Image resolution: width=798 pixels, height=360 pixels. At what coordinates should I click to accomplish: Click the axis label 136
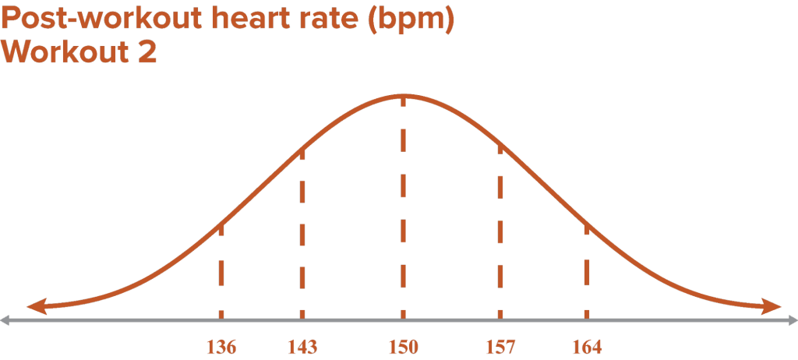coord(221,347)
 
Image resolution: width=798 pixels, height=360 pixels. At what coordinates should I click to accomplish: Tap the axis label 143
coord(302,347)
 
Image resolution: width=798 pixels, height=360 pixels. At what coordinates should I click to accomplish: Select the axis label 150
coord(403,347)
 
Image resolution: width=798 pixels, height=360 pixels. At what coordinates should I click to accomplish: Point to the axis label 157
coord(499,347)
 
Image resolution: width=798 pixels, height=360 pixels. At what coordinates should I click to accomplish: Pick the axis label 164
coord(586,347)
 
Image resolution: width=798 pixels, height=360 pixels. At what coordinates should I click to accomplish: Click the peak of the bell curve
coord(403,95)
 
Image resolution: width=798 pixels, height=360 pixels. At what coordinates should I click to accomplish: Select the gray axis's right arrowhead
coord(792,319)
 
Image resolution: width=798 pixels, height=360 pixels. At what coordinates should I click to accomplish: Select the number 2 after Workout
coord(147,53)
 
